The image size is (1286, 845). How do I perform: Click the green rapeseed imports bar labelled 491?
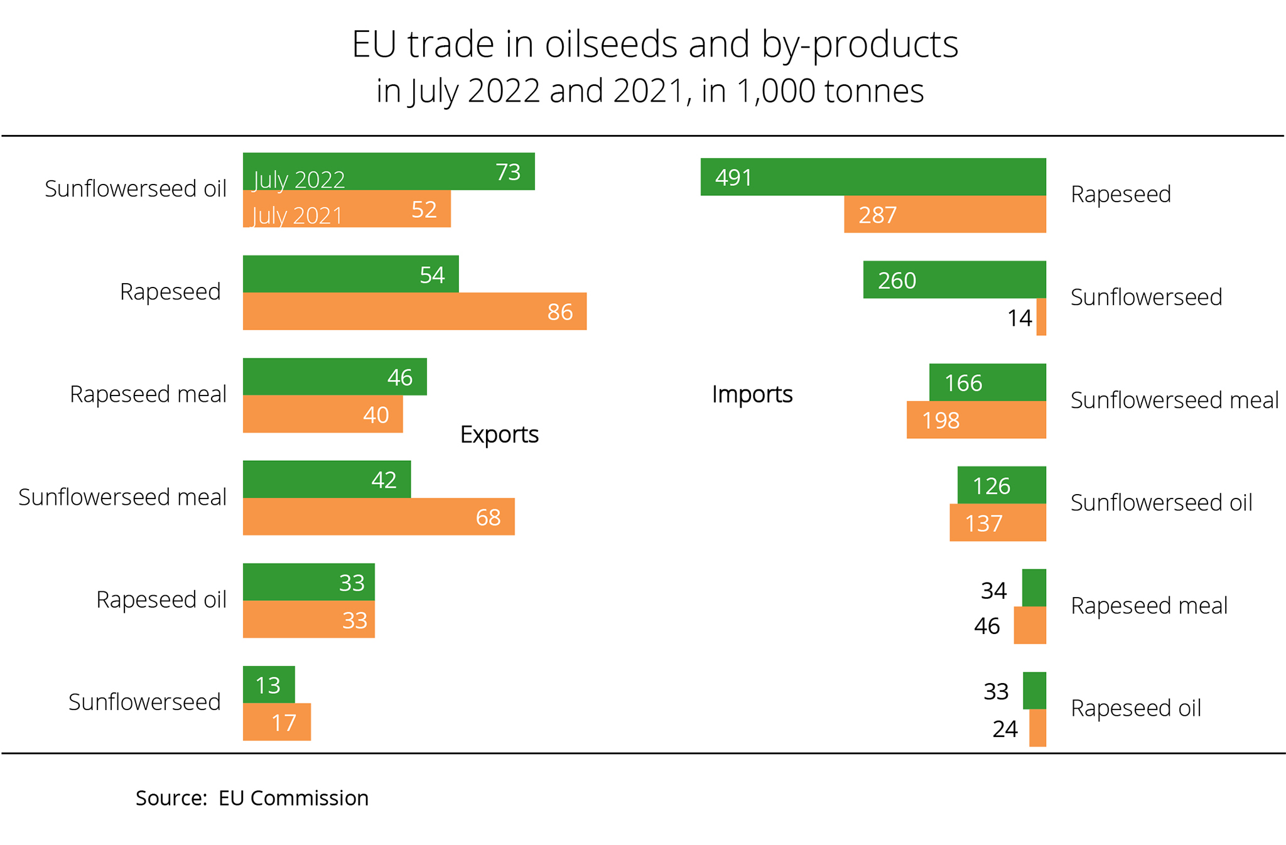click(873, 177)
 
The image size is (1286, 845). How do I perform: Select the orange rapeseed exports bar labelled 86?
click(414, 311)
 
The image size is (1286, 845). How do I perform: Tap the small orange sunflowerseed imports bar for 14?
click(1041, 317)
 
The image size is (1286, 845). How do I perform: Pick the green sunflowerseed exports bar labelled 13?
click(269, 685)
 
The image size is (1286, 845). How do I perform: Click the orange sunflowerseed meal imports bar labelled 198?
click(976, 420)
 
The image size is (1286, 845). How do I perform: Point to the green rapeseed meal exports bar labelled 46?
click(335, 377)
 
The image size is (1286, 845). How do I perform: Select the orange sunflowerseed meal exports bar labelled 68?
click(379, 517)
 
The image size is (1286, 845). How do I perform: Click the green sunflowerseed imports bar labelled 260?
click(954, 279)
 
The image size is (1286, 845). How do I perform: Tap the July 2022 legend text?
click(299, 180)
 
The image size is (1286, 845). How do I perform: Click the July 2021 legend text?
click(298, 216)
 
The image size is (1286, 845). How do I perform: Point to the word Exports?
click(499, 434)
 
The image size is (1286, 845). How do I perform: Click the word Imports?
click(752, 394)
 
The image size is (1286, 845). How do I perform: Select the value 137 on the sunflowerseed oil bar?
click(983, 524)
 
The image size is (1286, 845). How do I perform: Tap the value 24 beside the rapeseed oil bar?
click(1005, 729)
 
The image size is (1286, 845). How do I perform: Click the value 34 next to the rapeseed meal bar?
click(993, 591)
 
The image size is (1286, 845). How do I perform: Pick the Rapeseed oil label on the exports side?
click(161, 600)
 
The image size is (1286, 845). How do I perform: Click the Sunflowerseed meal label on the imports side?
click(1174, 401)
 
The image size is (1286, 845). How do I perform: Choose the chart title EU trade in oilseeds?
click(655, 45)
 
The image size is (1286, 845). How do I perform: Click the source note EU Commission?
click(293, 798)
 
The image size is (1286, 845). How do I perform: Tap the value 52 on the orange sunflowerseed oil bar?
click(424, 210)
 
